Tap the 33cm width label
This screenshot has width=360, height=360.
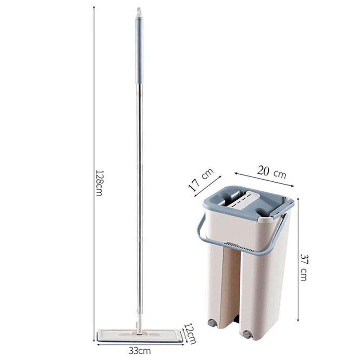pyautogui.click(x=139, y=351)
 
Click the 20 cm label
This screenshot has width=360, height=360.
pyautogui.click(x=272, y=172)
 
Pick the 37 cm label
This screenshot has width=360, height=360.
pyautogui.click(x=303, y=267)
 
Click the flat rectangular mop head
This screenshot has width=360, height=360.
pyautogui.click(x=140, y=337)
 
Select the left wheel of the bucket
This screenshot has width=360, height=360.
pyautogui.click(x=211, y=323)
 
